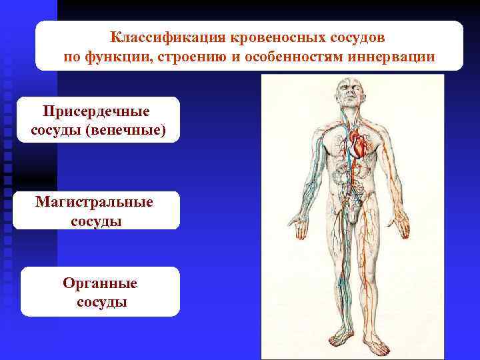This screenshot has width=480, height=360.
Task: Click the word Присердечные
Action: click(97, 110)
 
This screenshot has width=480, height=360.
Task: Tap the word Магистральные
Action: click(95, 202)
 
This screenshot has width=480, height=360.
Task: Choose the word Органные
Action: click(100, 283)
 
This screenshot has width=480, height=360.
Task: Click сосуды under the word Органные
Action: click(100, 302)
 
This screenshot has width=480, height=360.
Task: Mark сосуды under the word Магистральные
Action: click(96, 221)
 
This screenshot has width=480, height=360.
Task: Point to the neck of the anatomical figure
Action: click(351, 117)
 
